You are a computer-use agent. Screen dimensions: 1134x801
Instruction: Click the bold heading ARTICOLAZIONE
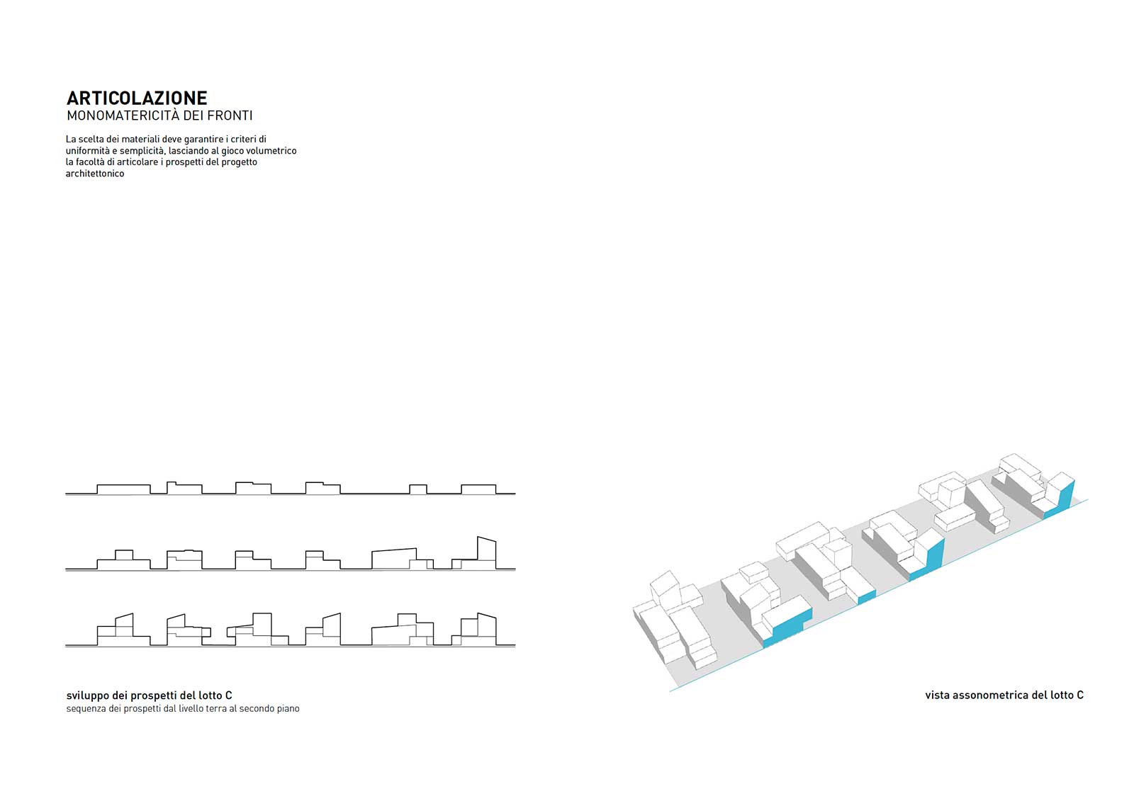137,98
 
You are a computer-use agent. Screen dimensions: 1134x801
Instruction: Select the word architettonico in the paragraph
95,174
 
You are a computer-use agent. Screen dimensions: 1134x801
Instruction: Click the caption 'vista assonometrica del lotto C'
1004,695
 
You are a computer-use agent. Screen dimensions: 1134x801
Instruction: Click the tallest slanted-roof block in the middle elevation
486,553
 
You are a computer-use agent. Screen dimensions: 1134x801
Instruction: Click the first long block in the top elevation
123,489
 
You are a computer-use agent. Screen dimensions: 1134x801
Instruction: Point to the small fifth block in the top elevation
418,489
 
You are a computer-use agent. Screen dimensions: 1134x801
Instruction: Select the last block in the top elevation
478,489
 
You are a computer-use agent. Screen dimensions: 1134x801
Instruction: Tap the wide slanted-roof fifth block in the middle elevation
394,559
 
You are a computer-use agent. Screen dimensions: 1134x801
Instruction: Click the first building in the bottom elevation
123,630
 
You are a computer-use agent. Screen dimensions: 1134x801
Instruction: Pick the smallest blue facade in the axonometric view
867,597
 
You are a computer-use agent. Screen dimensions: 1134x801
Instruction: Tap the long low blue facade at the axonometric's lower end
787,628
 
